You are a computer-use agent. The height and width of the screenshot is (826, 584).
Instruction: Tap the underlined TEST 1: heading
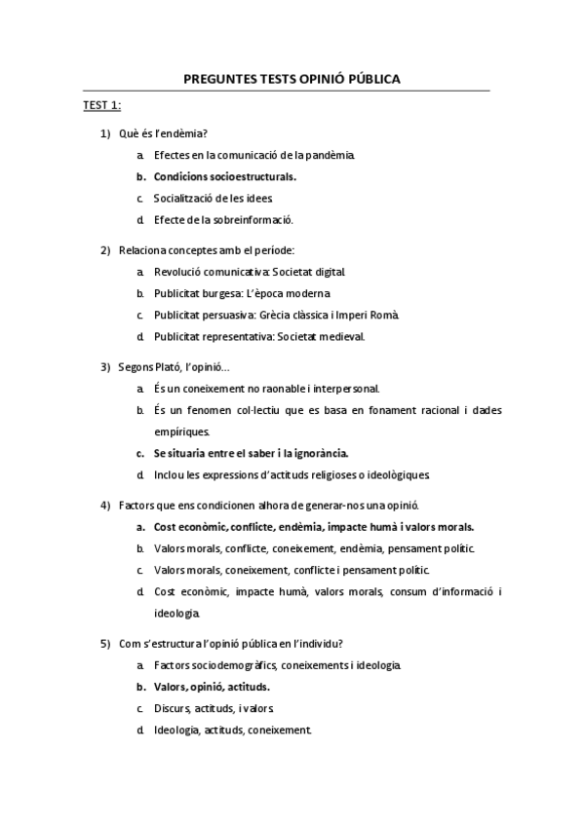[x=101, y=105]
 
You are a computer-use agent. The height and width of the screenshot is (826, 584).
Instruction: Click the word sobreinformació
[x=254, y=219]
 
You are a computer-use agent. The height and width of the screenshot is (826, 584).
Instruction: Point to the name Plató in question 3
[x=178, y=367]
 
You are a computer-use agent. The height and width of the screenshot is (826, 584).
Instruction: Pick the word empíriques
[x=178, y=432]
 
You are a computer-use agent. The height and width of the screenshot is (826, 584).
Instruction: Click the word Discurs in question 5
[x=172, y=708]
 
